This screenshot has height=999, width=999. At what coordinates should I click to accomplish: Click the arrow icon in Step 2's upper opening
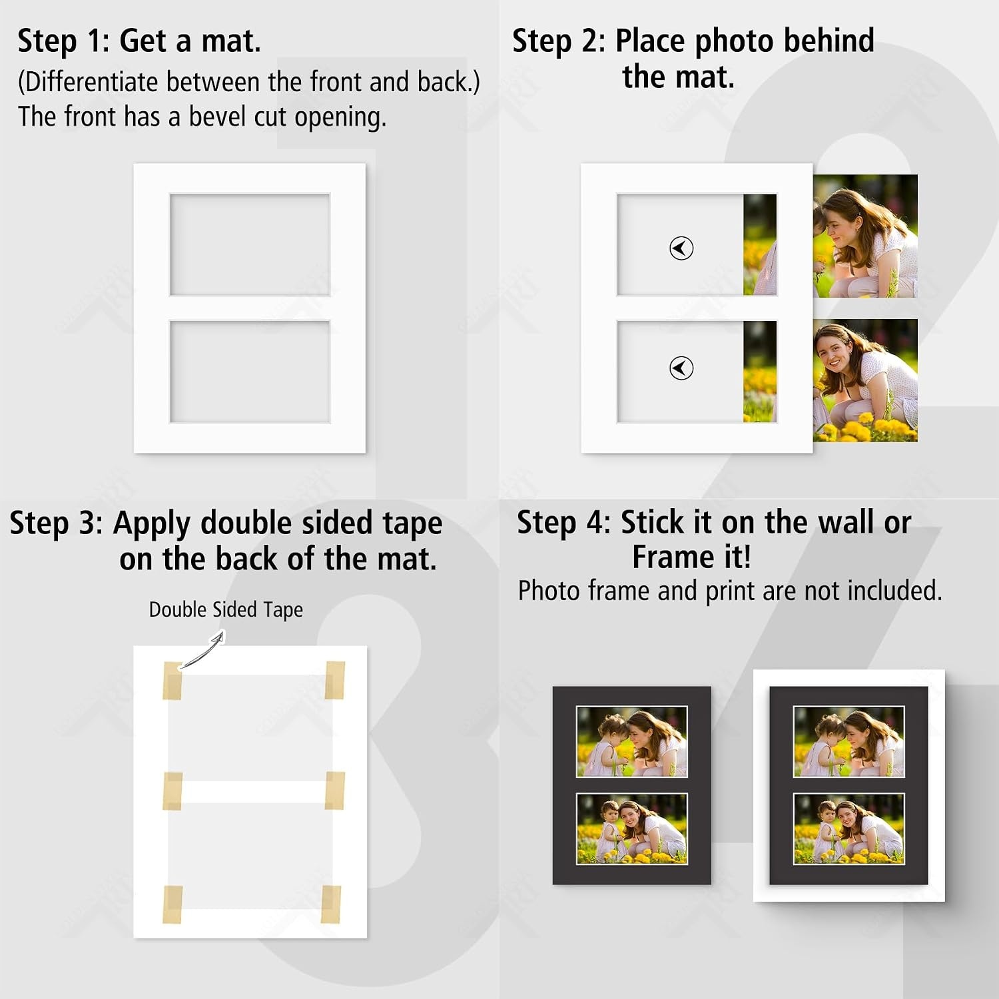[x=681, y=248]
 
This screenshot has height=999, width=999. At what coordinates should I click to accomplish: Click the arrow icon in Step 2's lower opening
[x=681, y=368]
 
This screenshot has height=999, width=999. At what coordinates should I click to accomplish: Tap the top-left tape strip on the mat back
[x=172, y=681]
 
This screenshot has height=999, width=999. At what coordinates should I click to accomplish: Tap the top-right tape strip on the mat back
[x=334, y=680]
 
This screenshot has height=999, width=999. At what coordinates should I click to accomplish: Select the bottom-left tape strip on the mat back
[x=172, y=905]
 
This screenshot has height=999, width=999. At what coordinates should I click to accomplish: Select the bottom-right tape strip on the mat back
[x=331, y=904]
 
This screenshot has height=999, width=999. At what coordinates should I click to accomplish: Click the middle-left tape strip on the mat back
[x=172, y=791]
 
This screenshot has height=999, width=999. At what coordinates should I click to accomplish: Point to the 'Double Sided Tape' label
[x=226, y=609]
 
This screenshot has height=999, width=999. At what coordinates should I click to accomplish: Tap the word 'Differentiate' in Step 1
[x=93, y=82]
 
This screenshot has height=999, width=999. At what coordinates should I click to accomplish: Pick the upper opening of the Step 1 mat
[x=250, y=244]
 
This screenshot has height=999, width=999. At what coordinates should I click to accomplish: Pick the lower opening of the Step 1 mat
[x=250, y=372]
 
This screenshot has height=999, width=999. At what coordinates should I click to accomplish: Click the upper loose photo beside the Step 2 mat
[x=865, y=236]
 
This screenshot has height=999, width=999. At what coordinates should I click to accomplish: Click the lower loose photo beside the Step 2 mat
[x=865, y=380]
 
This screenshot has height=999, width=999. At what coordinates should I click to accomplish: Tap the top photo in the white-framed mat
[x=848, y=741]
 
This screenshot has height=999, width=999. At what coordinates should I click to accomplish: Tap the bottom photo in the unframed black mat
[x=631, y=829]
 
